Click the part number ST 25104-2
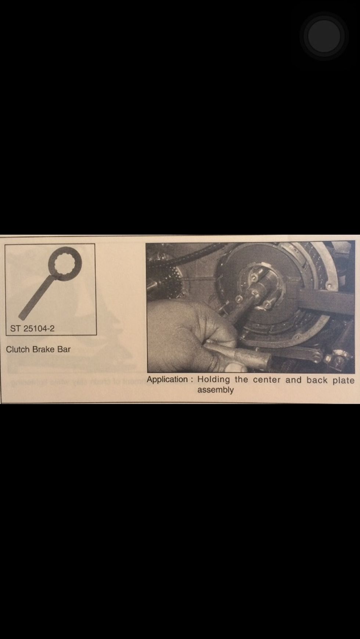pyautogui.click(x=32, y=328)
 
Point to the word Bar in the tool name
pyautogui.click(x=64, y=349)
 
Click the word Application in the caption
pyautogui.click(x=167, y=379)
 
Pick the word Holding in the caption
pyautogui.click(x=213, y=379)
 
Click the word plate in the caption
pyautogui.click(x=343, y=380)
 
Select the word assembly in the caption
pyautogui.click(x=215, y=390)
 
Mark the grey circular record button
pyautogui.click(x=324, y=36)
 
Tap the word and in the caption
pyautogui.click(x=293, y=380)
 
